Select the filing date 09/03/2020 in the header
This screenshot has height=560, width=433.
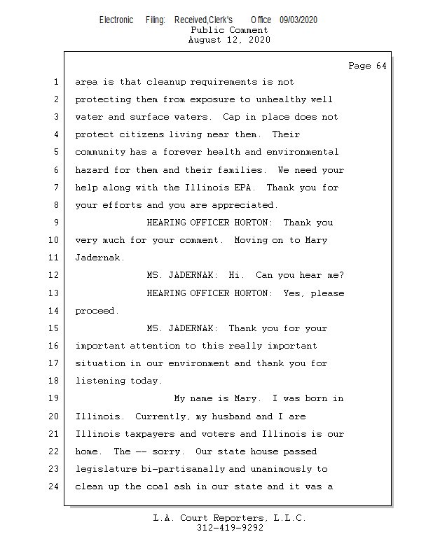pos(298,20)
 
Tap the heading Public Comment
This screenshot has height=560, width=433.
pos(229,30)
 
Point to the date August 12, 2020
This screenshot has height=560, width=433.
pos(229,40)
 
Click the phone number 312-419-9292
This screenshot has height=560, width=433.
pos(230,528)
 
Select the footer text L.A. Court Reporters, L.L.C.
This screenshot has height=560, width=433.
pos(230,518)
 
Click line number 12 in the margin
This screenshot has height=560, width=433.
pos(55,275)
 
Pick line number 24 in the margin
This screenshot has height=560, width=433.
pos(55,486)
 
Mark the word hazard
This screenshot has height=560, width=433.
pos(92,170)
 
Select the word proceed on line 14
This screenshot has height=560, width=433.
pos(95,311)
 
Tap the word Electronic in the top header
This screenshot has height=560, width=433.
pos(116,20)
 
